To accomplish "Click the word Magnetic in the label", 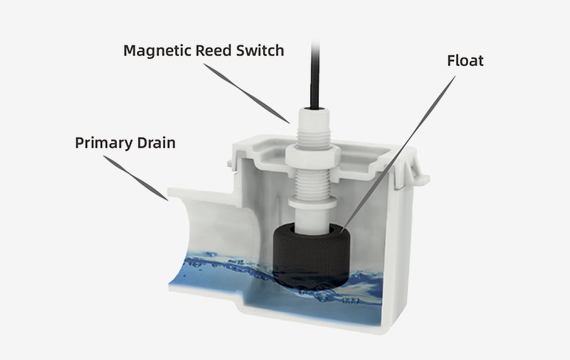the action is (x=158, y=51).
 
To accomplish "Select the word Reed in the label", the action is (x=214, y=51).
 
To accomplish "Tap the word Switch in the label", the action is (x=260, y=51).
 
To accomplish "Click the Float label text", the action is (x=465, y=61).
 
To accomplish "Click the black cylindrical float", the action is (x=312, y=256).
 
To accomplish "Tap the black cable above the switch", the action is (x=315, y=75).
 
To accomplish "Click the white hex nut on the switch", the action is (x=312, y=156).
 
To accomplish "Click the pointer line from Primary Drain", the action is (x=136, y=178).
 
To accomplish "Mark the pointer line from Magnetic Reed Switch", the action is (x=246, y=93).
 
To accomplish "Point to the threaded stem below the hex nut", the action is (x=312, y=183).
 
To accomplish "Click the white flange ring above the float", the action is (x=312, y=203).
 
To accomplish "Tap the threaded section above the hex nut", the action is (x=313, y=136).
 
